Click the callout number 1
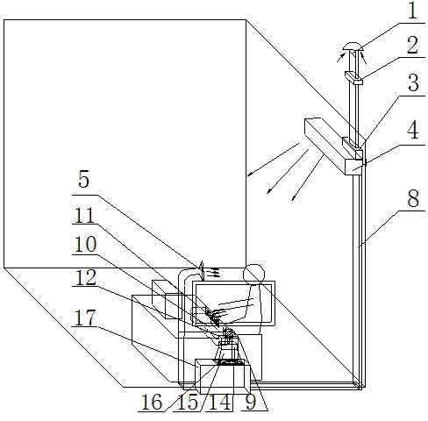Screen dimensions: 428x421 pos(412,11)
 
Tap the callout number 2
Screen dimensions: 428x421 pos(412,46)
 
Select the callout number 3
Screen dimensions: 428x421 pos(413,83)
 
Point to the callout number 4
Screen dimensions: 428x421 pos(413,131)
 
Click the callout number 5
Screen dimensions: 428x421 pos(83,179)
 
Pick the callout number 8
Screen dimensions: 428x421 pos(413,198)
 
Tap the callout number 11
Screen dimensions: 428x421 pos(84,215)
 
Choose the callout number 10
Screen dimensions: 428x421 pos(85,244)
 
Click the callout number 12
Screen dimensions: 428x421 pos(85,277)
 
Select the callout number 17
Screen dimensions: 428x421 pos(85,318)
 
